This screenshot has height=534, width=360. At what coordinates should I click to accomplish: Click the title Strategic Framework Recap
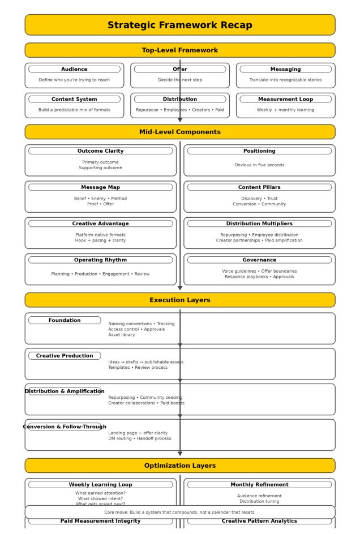pyautogui.click(x=179, y=25)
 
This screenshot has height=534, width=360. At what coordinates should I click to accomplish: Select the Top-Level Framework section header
pyautogui.click(x=179, y=50)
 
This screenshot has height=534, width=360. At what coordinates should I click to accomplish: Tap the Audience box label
pyautogui.click(x=74, y=70)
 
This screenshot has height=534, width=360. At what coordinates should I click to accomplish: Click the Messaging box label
pyautogui.click(x=285, y=70)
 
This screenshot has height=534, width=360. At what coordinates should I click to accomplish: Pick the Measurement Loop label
pyautogui.click(x=285, y=100)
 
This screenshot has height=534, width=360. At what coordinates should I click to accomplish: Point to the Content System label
pyautogui.click(x=74, y=100)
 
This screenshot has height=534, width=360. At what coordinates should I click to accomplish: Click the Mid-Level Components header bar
pyautogui.click(x=179, y=132)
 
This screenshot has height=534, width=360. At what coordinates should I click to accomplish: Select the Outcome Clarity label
pyautogui.click(x=100, y=151)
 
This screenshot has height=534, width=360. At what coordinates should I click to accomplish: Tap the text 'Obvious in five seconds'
pyautogui.click(x=259, y=165)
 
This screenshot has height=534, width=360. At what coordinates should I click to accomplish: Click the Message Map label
pyautogui.click(x=100, y=187)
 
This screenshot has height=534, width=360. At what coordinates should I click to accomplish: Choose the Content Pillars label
pyautogui.click(x=259, y=187)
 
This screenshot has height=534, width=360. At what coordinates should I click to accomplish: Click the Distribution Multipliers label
pyautogui.click(x=259, y=224)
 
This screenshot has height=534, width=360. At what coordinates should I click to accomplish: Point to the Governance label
pyautogui.click(x=259, y=260)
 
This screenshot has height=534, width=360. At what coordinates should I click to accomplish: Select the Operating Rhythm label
pyautogui.click(x=100, y=260)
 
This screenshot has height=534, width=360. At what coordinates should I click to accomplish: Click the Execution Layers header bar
pyautogui.click(x=179, y=300)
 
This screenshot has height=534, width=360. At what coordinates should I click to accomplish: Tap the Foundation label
pyautogui.click(x=65, y=321)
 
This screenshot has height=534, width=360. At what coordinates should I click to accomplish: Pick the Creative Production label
pyautogui.click(x=65, y=356)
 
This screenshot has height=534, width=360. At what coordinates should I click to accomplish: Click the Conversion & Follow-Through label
pyautogui.click(x=65, y=427)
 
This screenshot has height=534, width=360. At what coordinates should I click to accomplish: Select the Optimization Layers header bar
pyautogui.click(x=179, y=466)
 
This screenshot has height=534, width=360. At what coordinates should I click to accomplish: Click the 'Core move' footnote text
pyautogui.click(x=179, y=513)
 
